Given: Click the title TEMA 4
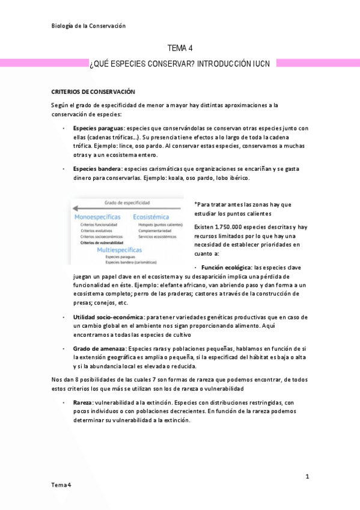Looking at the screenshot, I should click(x=180, y=49).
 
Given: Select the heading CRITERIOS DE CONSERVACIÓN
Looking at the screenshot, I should click(x=93, y=91).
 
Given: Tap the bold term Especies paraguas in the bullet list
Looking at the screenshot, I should click(x=99, y=128).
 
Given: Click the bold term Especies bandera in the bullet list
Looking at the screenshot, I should click(x=97, y=169).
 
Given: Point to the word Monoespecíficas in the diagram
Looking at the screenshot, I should click(x=97, y=216).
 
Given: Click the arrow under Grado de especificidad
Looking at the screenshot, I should click(x=126, y=209).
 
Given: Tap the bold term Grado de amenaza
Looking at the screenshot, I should click(x=99, y=349).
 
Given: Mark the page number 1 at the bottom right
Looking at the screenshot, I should click(x=307, y=476).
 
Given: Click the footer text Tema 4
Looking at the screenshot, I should click(x=61, y=485).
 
